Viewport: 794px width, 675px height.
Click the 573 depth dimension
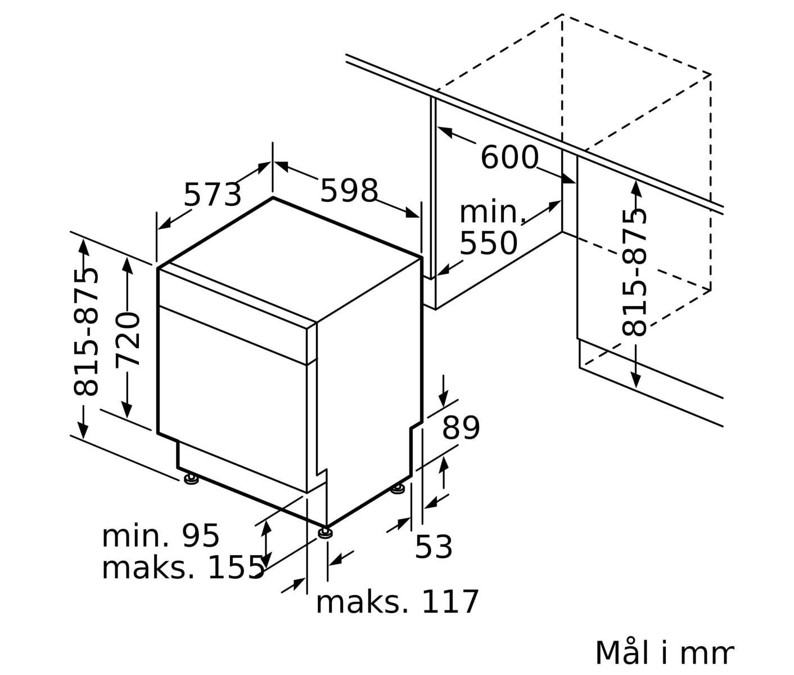(213, 195)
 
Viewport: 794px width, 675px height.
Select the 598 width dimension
(349, 191)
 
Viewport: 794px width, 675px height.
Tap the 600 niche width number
(509, 157)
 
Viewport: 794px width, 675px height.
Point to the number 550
(489, 243)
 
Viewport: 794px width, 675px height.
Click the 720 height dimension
(128, 340)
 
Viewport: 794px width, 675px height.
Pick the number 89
(461, 427)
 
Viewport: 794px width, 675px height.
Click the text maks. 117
(397, 602)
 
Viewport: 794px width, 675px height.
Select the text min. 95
(161, 536)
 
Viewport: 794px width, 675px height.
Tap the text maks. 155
(183, 569)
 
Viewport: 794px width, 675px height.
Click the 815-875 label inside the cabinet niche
(634, 272)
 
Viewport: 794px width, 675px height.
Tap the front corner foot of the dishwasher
(326, 533)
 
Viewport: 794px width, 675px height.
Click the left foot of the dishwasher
(191, 478)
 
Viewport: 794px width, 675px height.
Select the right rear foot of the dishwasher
(398, 489)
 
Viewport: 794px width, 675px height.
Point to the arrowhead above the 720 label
(127, 265)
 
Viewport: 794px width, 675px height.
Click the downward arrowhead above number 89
(444, 399)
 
